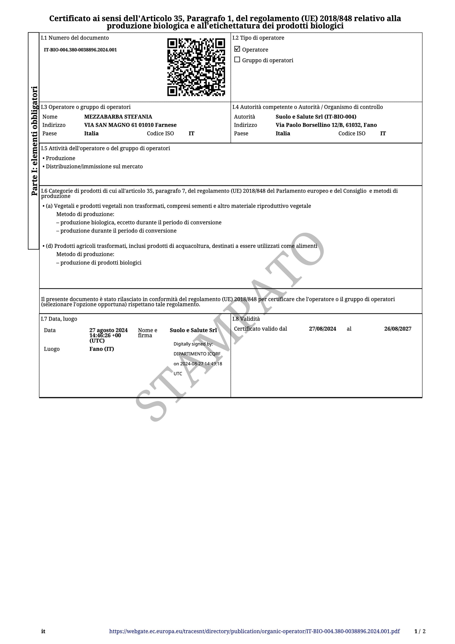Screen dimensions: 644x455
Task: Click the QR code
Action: (x=196, y=67)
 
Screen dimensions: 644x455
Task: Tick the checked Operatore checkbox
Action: (x=237, y=49)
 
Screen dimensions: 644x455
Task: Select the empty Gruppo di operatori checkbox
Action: (x=237, y=60)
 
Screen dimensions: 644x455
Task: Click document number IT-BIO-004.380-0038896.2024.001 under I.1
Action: (x=80, y=50)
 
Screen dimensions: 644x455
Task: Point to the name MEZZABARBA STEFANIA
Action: (x=118, y=117)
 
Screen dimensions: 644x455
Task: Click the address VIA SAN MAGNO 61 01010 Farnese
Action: (x=130, y=125)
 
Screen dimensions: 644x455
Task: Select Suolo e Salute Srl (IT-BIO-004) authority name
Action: (x=316, y=117)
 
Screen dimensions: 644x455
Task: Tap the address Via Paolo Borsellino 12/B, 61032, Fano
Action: (x=326, y=125)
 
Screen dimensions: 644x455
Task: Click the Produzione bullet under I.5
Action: (x=60, y=158)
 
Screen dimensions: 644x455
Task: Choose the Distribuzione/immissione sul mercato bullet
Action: (x=94, y=166)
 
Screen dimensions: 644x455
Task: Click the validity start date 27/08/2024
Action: (x=322, y=329)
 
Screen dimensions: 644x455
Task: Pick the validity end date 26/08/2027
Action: (x=397, y=329)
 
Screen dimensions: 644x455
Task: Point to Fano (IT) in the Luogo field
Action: (x=101, y=349)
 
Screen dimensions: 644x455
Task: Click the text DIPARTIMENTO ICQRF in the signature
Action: (x=197, y=354)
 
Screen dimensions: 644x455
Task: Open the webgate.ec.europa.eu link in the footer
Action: (x=254, y=631)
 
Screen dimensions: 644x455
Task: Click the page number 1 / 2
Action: (x=420, y=631)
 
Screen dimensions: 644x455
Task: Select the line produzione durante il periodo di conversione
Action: (x=118, y=231)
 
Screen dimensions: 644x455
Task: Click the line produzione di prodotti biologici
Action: (x=101, y=263)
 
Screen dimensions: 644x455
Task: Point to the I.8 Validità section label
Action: (x=246, y=319)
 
